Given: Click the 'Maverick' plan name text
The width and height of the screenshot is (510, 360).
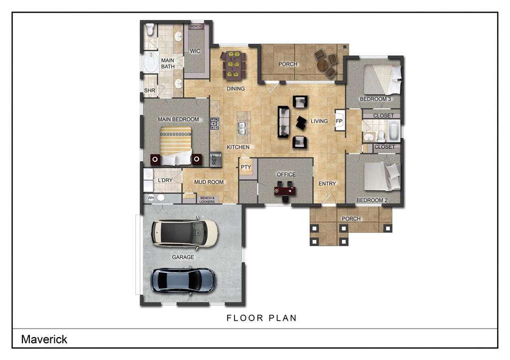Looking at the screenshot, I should point(44,340).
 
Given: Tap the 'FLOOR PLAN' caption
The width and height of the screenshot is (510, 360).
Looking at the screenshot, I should point(261,318).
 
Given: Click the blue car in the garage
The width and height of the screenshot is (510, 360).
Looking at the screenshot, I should point(184,280).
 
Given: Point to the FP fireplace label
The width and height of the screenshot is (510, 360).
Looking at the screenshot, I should point(339,121).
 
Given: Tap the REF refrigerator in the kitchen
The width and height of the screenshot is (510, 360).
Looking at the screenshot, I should point(215,159).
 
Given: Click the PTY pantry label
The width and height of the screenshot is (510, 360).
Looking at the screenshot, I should point(246,167).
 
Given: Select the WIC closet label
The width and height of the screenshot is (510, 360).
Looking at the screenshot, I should point(195,51).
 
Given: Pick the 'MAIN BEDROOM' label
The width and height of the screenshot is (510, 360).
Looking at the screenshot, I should point(178,120).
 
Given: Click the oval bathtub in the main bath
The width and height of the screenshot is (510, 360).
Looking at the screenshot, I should point(150,63).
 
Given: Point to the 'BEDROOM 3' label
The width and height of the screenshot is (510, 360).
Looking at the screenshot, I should point(376,99).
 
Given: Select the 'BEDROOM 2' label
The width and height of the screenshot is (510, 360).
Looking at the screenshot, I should point(372,201).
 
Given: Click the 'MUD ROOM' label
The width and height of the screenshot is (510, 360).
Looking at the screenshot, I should point(209,182).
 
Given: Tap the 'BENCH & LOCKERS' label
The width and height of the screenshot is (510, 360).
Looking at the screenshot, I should point(207,200).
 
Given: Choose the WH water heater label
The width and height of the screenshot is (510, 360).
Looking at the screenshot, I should point(151,198).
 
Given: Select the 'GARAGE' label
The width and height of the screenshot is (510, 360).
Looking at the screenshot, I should point(183,257).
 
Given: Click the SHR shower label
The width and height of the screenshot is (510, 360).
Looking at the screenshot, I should point(149,91).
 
